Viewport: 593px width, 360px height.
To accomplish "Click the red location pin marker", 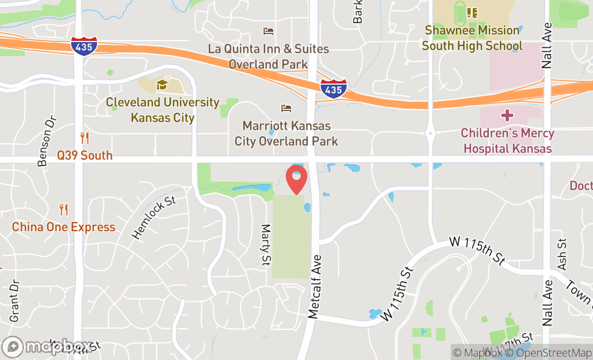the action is point(296,180).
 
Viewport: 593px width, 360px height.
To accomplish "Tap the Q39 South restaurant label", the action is point(85,156).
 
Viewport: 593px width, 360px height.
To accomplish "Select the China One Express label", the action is point(64,227).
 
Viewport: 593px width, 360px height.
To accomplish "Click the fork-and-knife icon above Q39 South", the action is point(85,138).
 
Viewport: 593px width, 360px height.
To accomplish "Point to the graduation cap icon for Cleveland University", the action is point(162,85).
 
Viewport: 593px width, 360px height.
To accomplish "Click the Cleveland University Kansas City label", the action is point(162,110).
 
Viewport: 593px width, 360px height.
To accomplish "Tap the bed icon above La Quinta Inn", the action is point(268,31).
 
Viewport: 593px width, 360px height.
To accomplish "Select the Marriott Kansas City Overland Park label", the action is point(286,134).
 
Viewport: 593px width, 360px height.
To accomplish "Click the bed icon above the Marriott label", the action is point(286,108).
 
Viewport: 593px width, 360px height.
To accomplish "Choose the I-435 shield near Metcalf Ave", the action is point(333,88).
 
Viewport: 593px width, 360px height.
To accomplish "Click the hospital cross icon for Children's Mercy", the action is point(507,115).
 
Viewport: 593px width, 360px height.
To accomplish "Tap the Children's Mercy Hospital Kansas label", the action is point(507,141).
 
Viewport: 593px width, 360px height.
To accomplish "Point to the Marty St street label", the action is point(266,245).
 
